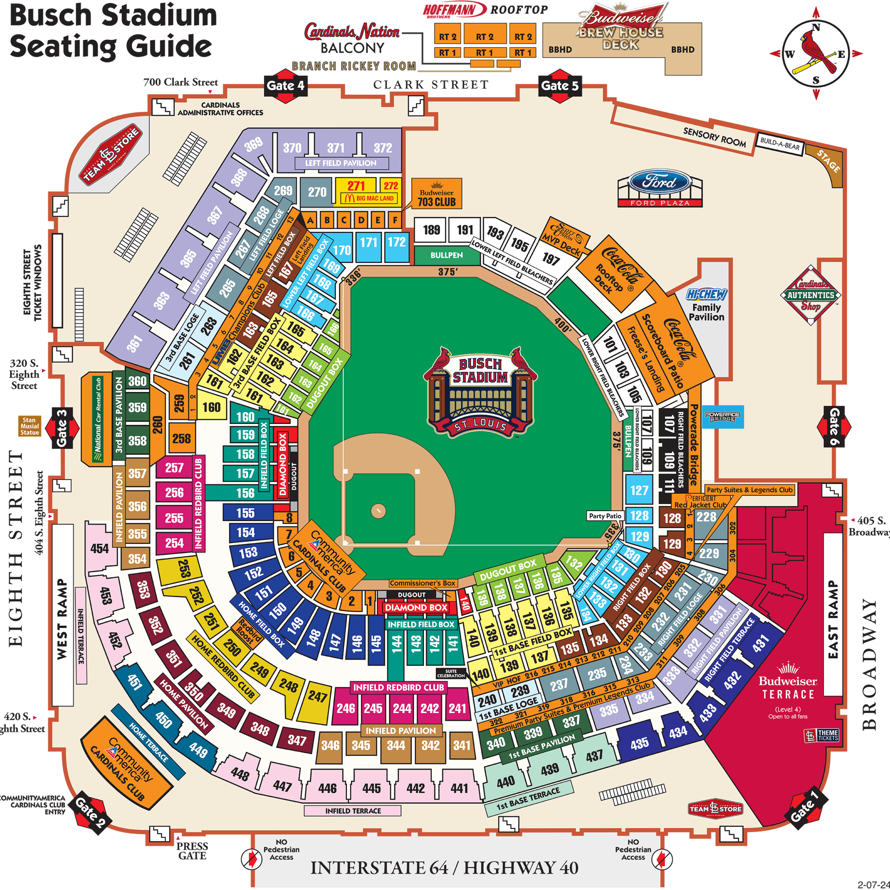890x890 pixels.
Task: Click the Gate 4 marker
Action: [x=286, y=86]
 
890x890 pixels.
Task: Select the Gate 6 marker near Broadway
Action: [x=834, y=426]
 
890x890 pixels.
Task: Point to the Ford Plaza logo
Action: [x=660, y=188]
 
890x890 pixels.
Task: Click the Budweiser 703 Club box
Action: [x=436, y=194]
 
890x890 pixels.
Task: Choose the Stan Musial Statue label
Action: [x=29, y=426]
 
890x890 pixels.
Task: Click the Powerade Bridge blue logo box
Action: [x=722, y=417]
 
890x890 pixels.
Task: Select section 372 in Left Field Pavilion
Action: [x=383, y=148]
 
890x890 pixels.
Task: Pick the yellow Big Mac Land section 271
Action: [x=356, y=186]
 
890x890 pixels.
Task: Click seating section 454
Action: [x=100, y=549]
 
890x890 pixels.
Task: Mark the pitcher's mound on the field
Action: [x=378, y=510]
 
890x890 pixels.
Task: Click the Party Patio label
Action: [x=605, y=516]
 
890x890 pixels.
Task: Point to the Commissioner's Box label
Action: [x=422, y=583]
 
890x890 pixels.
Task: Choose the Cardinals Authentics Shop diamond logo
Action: [x=811, y=295]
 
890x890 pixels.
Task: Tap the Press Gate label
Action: [x=192, y=851]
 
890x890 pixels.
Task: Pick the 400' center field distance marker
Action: [x=562, y=325]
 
